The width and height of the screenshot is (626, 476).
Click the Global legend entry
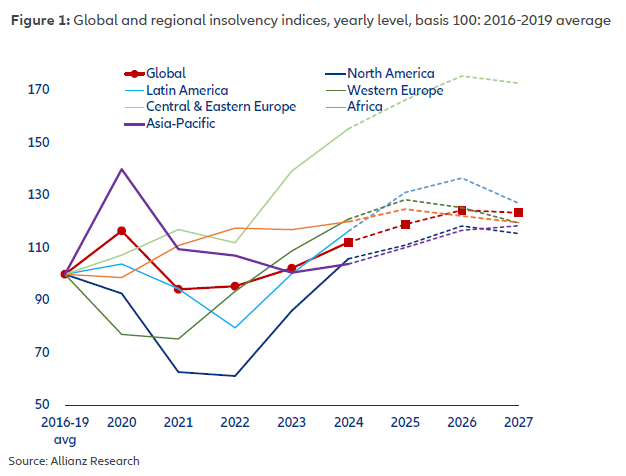click(166, 73)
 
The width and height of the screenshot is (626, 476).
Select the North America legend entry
click(389, 73)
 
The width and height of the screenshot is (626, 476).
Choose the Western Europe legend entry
click(393, 90)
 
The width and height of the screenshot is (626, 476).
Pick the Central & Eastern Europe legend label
click(221, 106)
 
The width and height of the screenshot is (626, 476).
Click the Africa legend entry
click(365, 106)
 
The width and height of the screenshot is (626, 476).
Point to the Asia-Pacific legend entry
click(181, 123)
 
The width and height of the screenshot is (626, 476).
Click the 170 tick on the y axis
click(38, 90)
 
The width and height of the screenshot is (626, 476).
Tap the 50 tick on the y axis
click(41, 404)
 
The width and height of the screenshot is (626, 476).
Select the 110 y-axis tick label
click(38, 247)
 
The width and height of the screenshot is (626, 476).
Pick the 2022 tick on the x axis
click(235, 422)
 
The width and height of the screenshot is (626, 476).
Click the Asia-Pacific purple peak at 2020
click(122, 169)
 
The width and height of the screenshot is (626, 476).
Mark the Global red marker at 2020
click(122, 231)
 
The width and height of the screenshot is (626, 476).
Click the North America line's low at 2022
click(235, 376)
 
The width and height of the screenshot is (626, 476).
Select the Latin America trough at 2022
click(235, 327)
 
